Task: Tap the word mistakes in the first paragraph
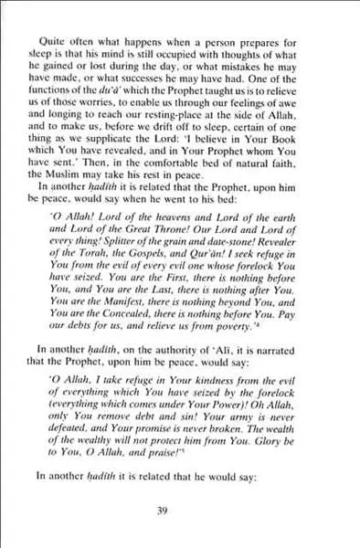coord(267,68)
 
